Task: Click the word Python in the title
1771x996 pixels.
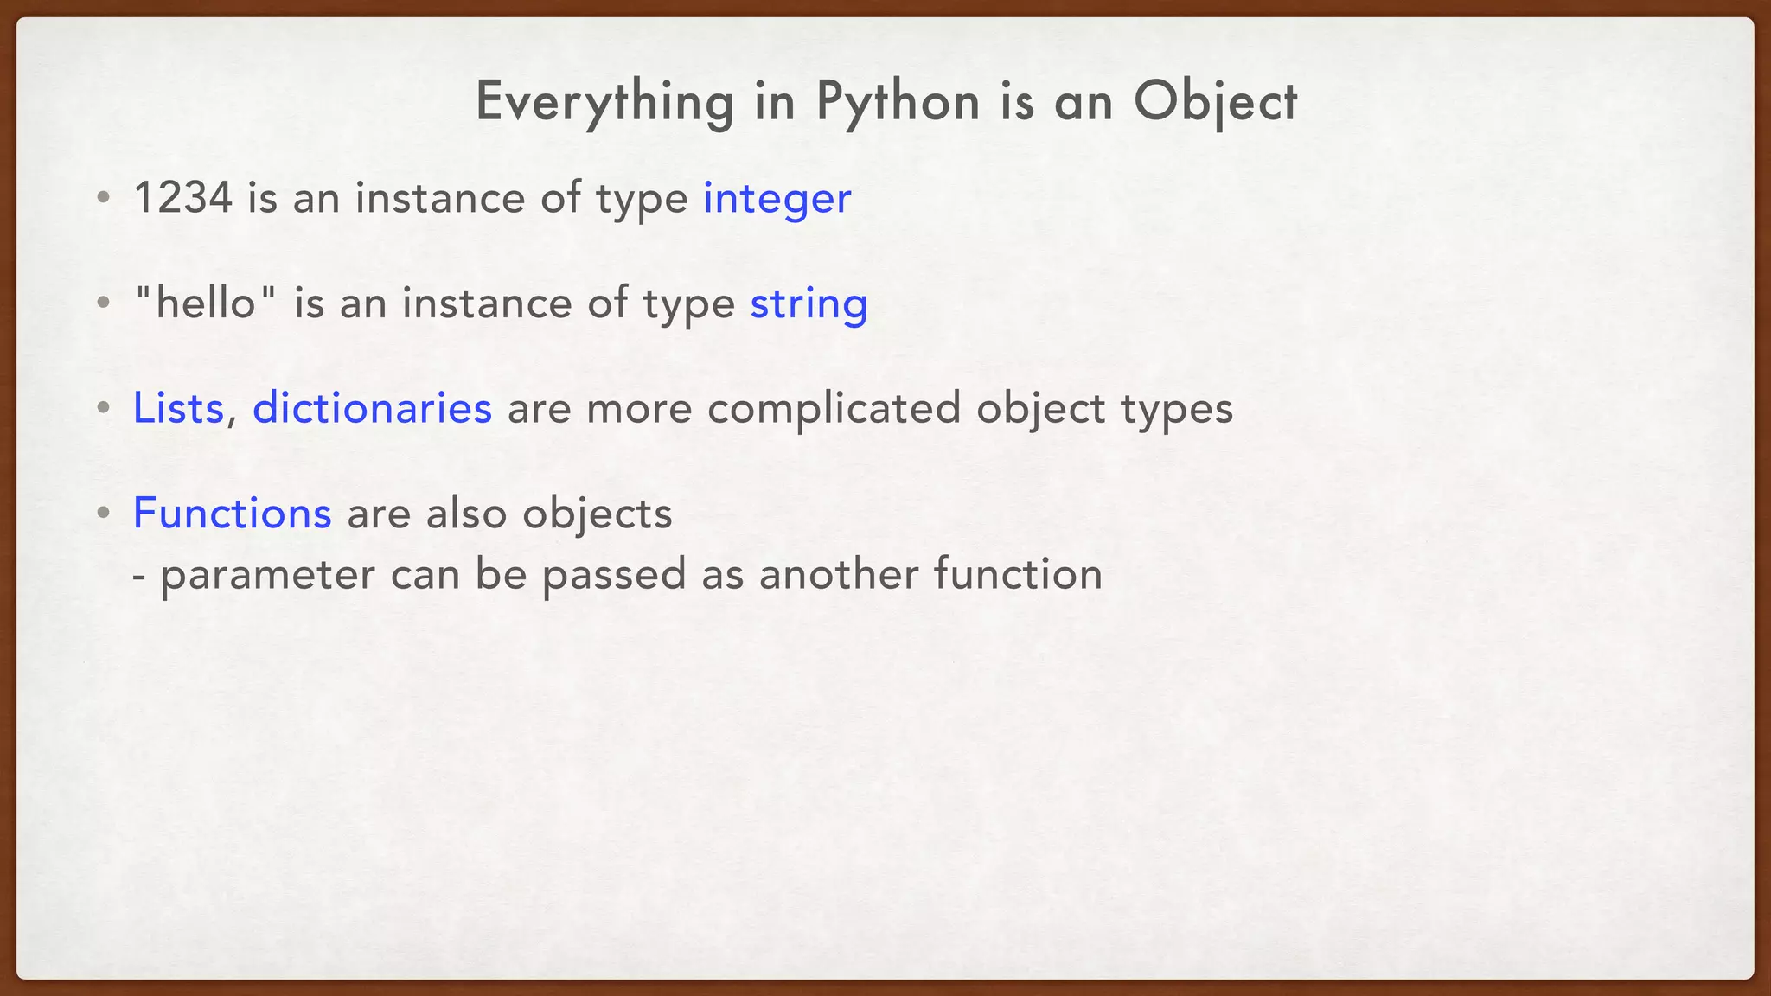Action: point(898,102)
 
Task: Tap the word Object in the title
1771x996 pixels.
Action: point(1215,102)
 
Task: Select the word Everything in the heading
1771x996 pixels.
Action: point(604,102)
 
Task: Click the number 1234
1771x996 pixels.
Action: point(183,198)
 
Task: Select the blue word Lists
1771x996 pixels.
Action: point(178,408)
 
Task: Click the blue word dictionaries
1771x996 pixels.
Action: point(372,408)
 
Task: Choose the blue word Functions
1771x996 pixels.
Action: point(232,514)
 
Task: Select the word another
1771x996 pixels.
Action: point(838,574)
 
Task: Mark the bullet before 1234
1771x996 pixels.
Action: point(104,198)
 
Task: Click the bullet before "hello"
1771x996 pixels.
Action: point(104,303)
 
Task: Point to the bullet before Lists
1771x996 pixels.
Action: point(104,408)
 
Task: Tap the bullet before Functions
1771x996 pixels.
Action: point(104,514)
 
